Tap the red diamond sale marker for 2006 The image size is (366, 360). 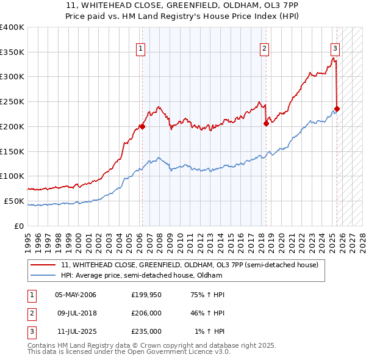coord(142,127)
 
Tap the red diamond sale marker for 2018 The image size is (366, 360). coord(266,123)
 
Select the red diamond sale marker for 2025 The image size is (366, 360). coord(337,109)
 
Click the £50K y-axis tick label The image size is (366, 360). coord(14,201)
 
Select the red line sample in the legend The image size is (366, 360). coord(43,265)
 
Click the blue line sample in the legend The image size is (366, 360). coord(43,276)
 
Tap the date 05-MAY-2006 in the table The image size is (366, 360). coord(76,295)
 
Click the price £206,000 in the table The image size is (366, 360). coord(146,314)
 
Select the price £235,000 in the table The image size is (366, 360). coord(146,332)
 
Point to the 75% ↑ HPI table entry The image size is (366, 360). coord(208,295)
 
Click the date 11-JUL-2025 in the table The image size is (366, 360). coord(75,332)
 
